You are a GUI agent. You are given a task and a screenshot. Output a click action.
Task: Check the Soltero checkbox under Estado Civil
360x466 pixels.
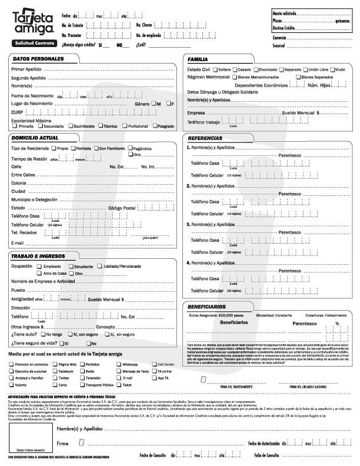[214, 69]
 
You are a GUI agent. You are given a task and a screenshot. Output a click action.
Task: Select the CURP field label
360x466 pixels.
[16, 111]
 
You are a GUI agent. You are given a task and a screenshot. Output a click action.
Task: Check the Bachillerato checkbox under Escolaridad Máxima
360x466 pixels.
[69, 126]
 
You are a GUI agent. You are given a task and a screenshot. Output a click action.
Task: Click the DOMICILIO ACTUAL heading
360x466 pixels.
[35, 138]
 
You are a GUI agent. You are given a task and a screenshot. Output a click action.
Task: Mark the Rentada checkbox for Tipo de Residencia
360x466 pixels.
[73, 148]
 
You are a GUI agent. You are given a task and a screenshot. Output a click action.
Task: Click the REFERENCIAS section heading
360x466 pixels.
[205, 138]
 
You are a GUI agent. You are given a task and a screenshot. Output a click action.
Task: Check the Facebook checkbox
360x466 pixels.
[54, 372]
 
